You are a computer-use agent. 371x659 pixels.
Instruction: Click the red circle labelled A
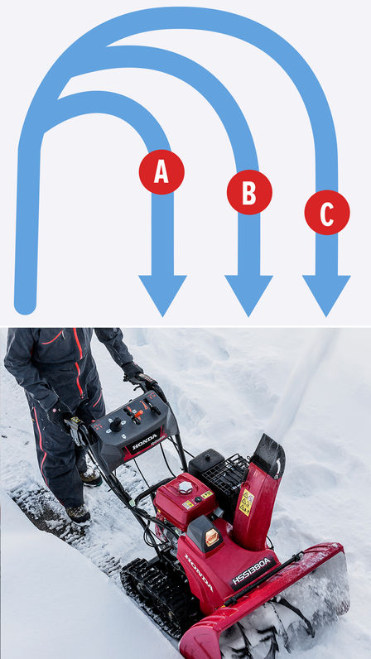(x=161, y=171)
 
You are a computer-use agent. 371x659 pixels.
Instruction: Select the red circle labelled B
(x=249, y=193)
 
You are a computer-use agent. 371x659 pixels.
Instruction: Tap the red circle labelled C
(x=327, y=213)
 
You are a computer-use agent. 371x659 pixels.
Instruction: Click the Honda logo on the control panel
(x=145, y=440)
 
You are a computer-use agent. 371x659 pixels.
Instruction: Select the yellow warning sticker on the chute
(x=247, y=501)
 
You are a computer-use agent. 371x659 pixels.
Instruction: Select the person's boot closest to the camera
(x=79, y=515)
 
